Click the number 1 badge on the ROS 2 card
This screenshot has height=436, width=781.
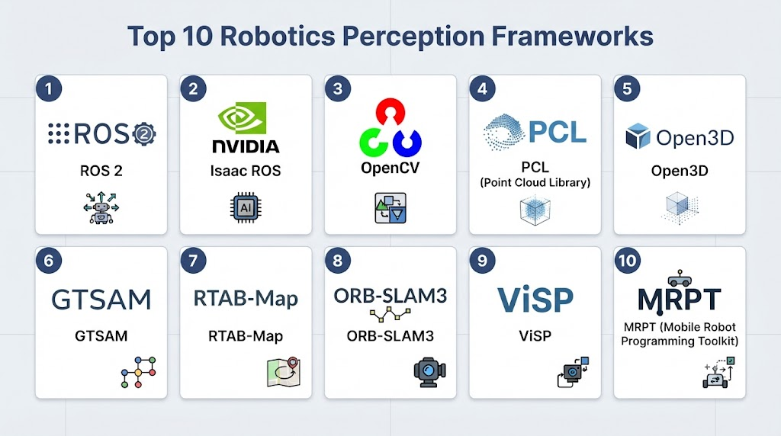tap(49, 88)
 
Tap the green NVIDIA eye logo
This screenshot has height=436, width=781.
tap(243, 118)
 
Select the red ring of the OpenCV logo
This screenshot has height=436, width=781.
tap(390, 111)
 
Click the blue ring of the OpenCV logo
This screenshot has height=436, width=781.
tap(407, 142)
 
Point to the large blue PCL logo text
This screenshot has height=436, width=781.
tap(557, 132)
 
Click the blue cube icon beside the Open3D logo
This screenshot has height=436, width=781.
tap(638, 136)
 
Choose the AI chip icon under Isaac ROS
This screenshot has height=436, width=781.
tap(246, 207)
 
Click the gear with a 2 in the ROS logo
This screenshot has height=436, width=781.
tap(144, 133)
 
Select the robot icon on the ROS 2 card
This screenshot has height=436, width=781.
tap(101, 208)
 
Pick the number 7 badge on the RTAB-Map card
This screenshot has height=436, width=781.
tap(193, 261)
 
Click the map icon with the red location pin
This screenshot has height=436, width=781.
tap(284, 372)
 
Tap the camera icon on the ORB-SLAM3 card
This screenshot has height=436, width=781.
tap(430, 372)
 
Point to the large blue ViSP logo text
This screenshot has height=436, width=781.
tap(535, 300)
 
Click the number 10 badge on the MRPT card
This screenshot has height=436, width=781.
tap(627, 261)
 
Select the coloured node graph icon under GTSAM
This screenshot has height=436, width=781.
tap(139, 372)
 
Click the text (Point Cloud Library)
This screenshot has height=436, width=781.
tap(535, 183)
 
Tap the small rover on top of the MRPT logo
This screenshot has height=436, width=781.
tap(680, 278)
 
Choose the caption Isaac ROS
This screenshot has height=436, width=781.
tap(246, 171)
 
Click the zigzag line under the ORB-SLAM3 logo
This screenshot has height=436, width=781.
tap(390, 314)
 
